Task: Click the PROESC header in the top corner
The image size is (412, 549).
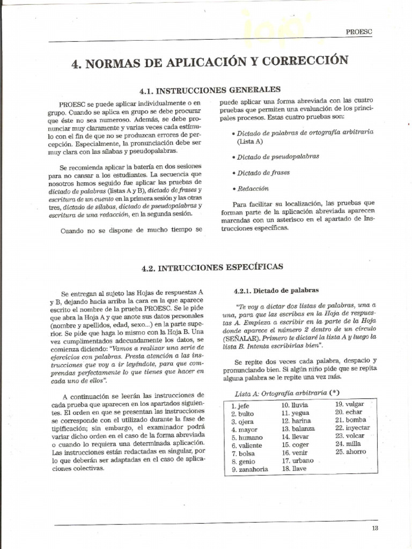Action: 359,32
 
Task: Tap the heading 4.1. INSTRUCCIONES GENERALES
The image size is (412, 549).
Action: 210,90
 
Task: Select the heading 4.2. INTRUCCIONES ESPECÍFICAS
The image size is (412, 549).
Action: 212,266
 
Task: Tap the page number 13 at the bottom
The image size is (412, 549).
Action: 374,528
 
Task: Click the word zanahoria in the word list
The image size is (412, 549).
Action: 253,469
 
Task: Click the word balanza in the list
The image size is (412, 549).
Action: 303,429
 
